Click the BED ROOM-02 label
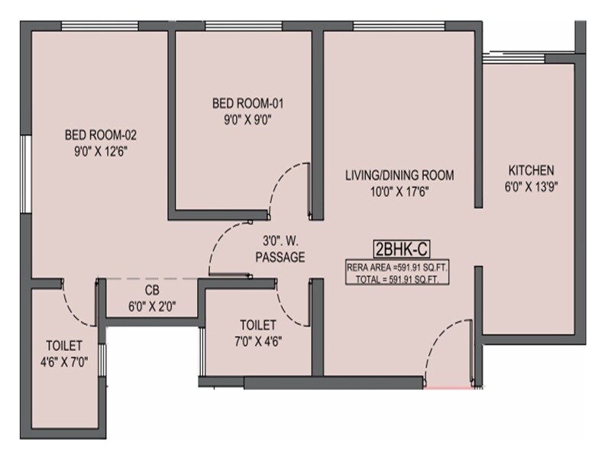(100, 135)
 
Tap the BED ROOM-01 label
(242, 104)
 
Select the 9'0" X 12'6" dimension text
(100, 150)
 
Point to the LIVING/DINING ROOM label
(399, 176)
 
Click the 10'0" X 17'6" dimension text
(399, 192)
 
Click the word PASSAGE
(280, 258)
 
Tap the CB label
(151, 291)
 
